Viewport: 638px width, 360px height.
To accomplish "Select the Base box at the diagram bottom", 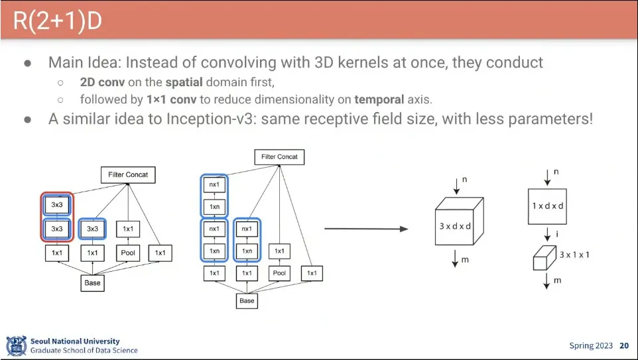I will (x=93, y=282).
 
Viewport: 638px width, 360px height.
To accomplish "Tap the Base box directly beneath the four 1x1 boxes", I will (x=247, y=300).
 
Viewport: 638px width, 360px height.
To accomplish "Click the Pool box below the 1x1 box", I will (x=129, y=253).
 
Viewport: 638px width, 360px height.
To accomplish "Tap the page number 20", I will (x=624, y=345).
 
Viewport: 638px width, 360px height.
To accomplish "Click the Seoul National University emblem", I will (x=16, y=345).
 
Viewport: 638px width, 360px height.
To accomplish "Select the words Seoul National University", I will (x=75, y=341).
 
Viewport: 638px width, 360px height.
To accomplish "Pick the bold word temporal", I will (x=379, y=99).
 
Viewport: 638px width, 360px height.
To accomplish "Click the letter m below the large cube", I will (x=465, y=260).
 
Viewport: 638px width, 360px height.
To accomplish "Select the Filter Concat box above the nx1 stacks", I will (x=280, y=157).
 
